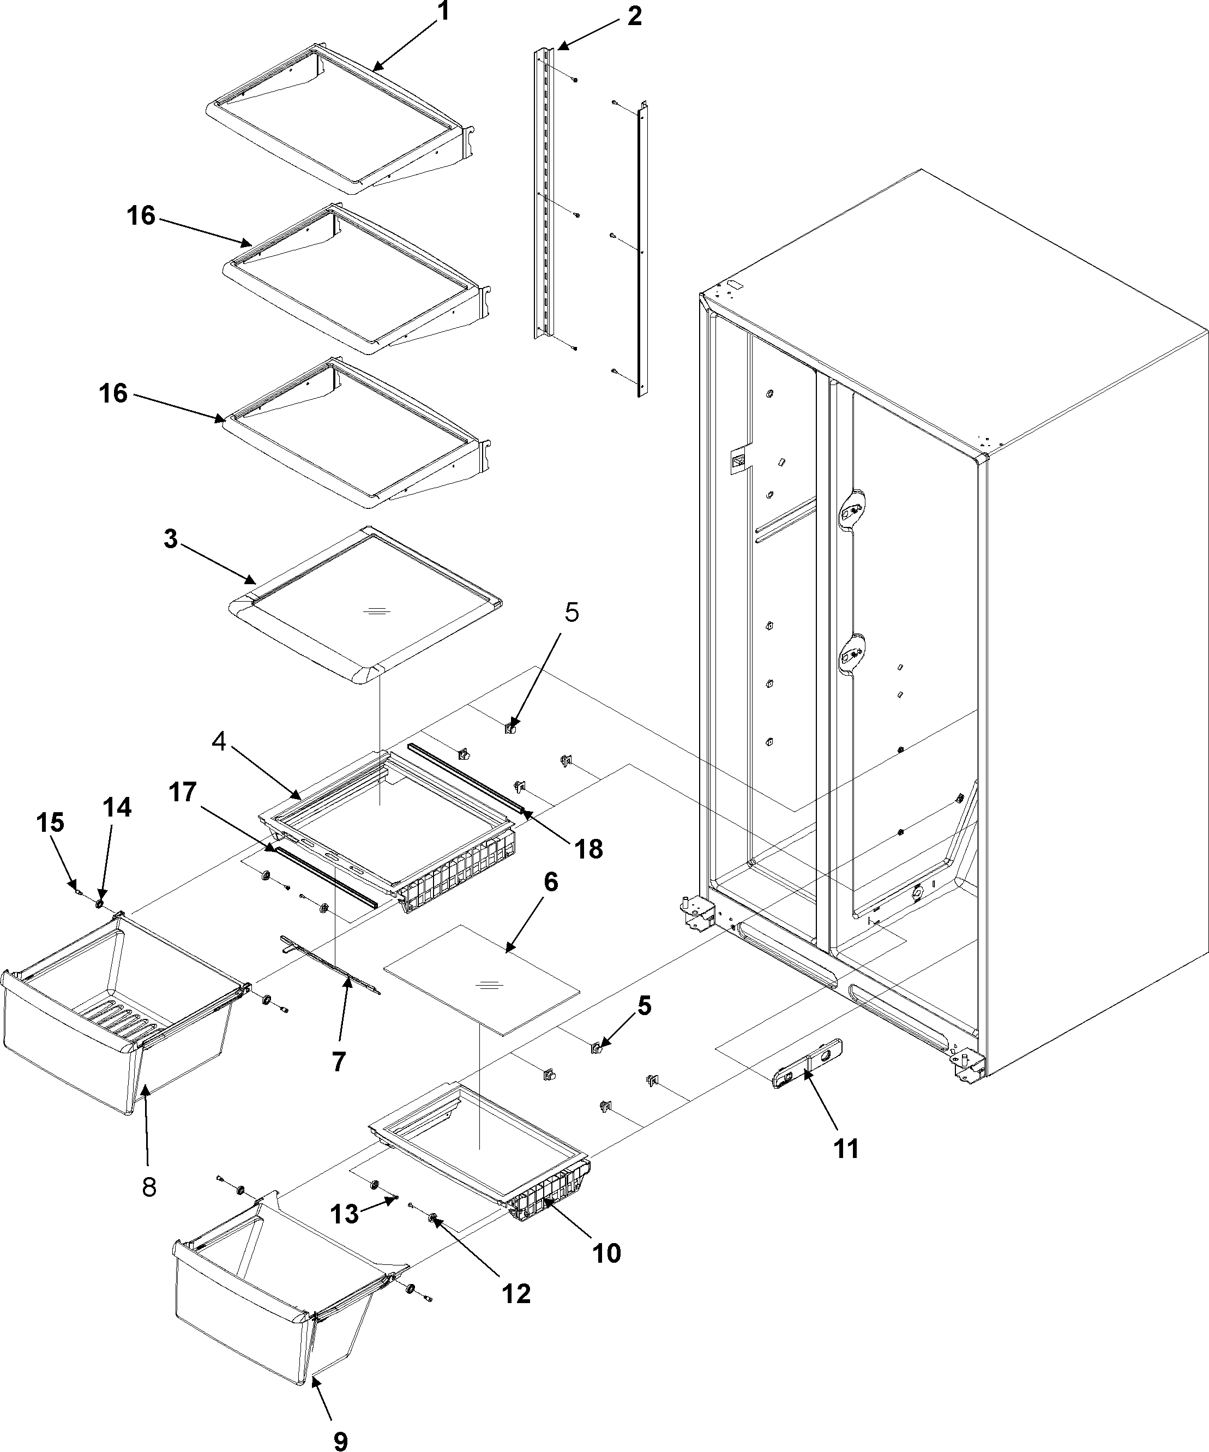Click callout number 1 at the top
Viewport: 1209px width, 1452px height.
point(444,12)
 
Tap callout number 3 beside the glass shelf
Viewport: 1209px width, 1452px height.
point(171,540)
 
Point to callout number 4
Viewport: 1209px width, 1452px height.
point(219,742)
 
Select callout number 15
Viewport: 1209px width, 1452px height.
point(52,822)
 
